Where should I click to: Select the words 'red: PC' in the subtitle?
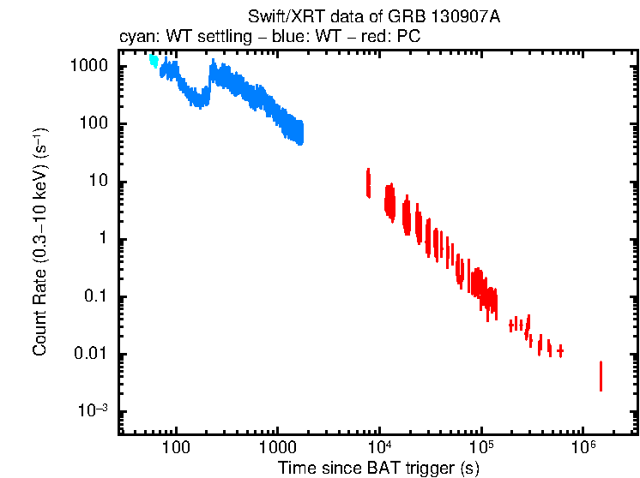[x=393, y=39]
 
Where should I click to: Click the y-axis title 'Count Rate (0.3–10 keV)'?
[x=39, y=248]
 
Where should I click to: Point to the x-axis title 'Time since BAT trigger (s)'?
[x=378, y=468]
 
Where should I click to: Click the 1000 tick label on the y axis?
[x=90, y=66]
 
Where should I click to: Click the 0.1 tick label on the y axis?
[x=96, y=297]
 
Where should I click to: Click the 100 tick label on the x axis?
[x=176, y=447]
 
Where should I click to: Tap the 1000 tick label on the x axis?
[x=277, y=447]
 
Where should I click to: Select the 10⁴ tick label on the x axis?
[x=379, y=446]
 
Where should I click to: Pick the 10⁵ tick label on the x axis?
[x=481, y=446]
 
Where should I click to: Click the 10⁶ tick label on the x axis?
[x=583, y=446]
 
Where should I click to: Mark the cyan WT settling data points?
[x=154, y=60]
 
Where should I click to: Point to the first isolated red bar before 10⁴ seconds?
[x=368, y=182]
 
